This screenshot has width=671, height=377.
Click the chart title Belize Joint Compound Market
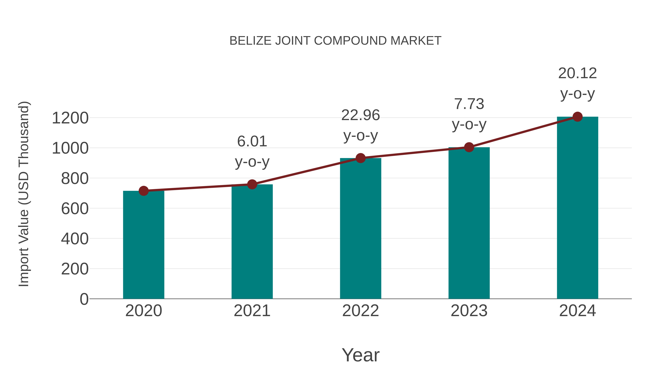point(335,41)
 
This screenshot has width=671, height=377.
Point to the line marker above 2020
point(144,191)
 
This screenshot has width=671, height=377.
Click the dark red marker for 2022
point(360,158)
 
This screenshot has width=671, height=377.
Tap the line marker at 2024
point(577,117)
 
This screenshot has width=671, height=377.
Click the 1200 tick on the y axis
point(70,118)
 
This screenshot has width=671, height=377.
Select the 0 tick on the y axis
point(84,299)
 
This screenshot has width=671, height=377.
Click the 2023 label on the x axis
point(469,311)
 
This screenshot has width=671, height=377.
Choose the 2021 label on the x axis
point(252,311)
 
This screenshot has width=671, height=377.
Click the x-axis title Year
point(360,355)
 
